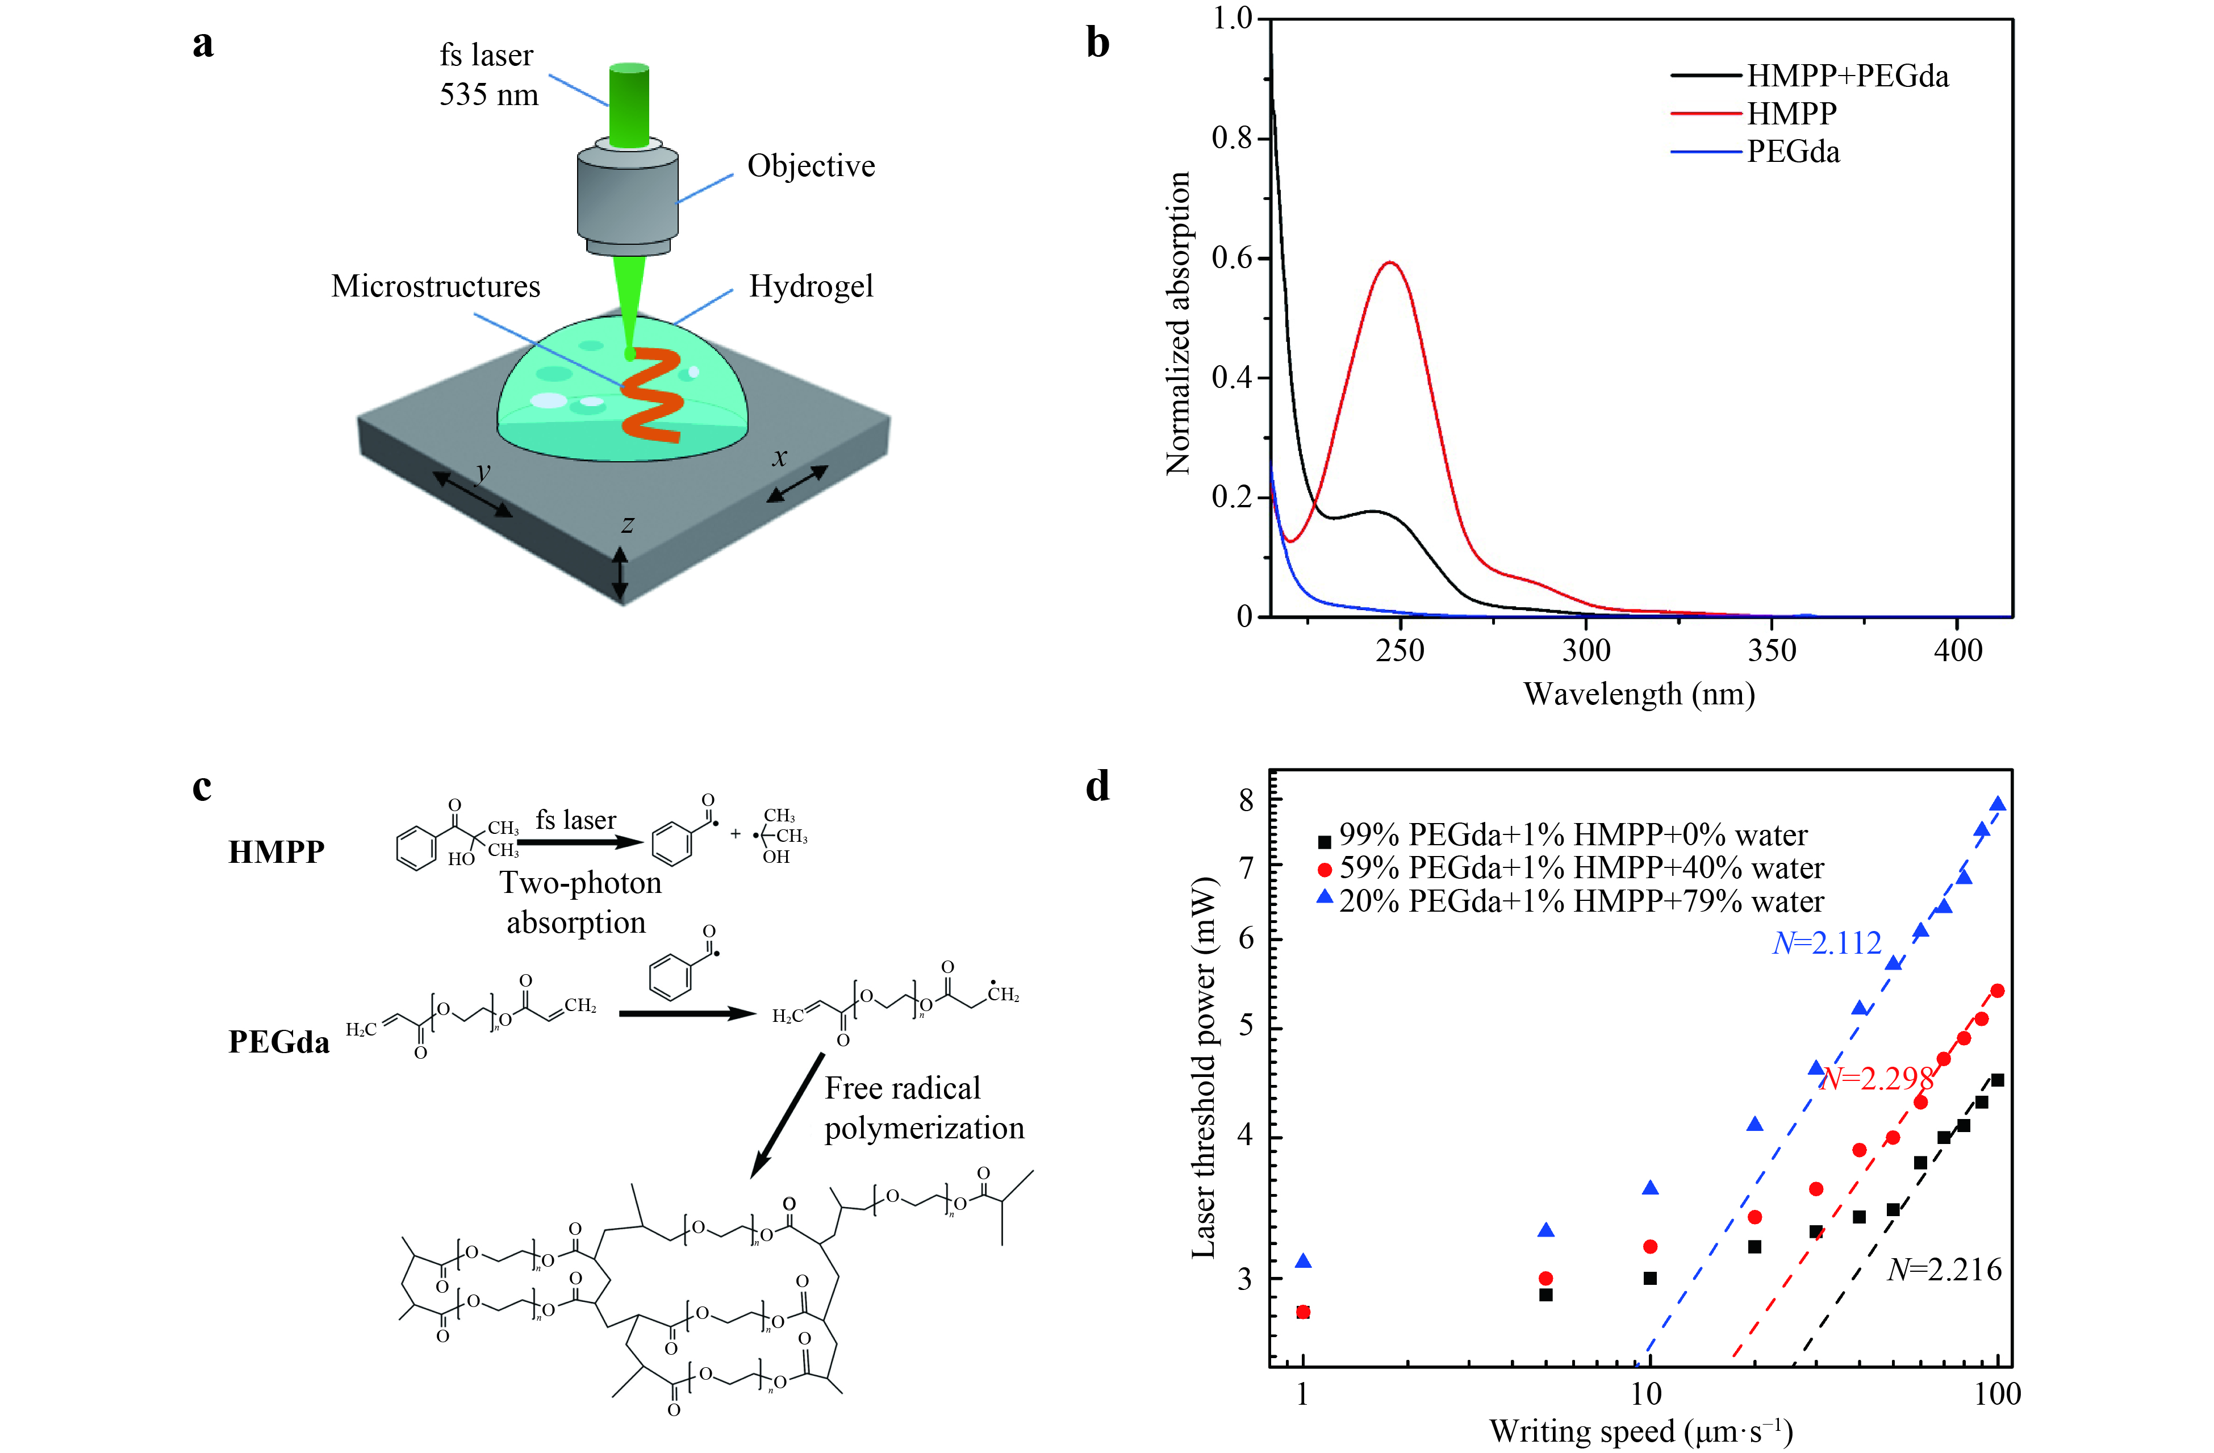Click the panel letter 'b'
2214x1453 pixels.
point(1098,43)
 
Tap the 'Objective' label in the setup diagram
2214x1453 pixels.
point(811,166)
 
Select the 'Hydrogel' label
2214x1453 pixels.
point(811,286)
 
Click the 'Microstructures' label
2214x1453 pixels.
point(435,286)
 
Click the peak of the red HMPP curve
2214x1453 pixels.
point(1390,263)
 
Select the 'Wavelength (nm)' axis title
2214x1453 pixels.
point(1639,694)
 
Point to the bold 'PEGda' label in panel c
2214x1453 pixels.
point(279,1042)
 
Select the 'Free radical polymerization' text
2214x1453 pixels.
point(923,1108)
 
